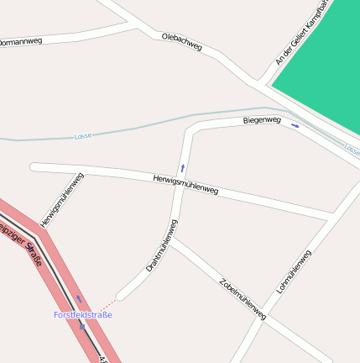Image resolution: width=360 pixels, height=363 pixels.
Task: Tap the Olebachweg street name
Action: tap(182, 42)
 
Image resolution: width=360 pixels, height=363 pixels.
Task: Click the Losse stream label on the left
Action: tap(82, 136)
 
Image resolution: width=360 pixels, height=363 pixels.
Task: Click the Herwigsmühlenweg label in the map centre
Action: tap(185, 185)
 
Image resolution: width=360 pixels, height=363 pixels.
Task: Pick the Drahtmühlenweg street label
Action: tap(161, 245)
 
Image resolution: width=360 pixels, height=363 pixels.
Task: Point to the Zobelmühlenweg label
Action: tap(242, 299)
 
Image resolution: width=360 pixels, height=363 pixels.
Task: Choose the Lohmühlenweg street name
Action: tap(294, 271)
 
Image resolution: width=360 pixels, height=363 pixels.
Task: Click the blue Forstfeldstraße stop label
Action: tap(82, 314)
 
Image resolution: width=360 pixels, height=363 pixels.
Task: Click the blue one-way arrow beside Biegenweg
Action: tap(295, 126)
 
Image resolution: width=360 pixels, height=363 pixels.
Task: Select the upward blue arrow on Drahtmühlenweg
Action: tap(182, 167)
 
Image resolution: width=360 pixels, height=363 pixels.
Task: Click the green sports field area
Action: tap(323, 76)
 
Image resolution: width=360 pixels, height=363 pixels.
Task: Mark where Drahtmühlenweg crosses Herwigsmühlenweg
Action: tap(180, 187)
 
